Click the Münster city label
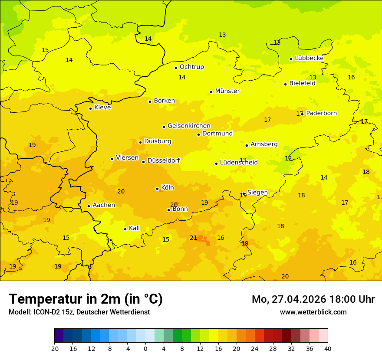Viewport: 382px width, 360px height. pos(227,91)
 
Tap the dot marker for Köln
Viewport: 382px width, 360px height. pos(157,189)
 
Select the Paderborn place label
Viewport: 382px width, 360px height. pos(321,113)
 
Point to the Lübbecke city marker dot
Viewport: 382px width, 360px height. pos(291,59)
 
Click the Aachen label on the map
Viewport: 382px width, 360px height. pos(104,205)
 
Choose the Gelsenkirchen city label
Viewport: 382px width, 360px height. pos(189,126)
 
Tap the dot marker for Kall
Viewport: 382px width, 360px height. pos(125,229)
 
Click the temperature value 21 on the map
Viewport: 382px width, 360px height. pos(193,238)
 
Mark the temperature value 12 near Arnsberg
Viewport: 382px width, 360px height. pos(288,159)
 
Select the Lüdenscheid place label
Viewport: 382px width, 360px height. pos(239,163)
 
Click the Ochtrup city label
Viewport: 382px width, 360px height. pos(191,67)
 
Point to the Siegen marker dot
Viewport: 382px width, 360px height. pos(244,194)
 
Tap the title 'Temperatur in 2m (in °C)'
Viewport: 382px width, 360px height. pos(86,299)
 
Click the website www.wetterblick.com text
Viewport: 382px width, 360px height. pos(313,312)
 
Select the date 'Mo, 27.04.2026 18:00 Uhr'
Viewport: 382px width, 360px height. pos(313,299)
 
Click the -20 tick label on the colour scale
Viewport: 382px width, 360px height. pos(54,349)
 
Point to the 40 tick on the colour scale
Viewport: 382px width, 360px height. pos(328,349)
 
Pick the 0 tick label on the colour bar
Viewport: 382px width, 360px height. pos(145,349)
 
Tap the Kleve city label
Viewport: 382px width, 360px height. pos(102,108)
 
